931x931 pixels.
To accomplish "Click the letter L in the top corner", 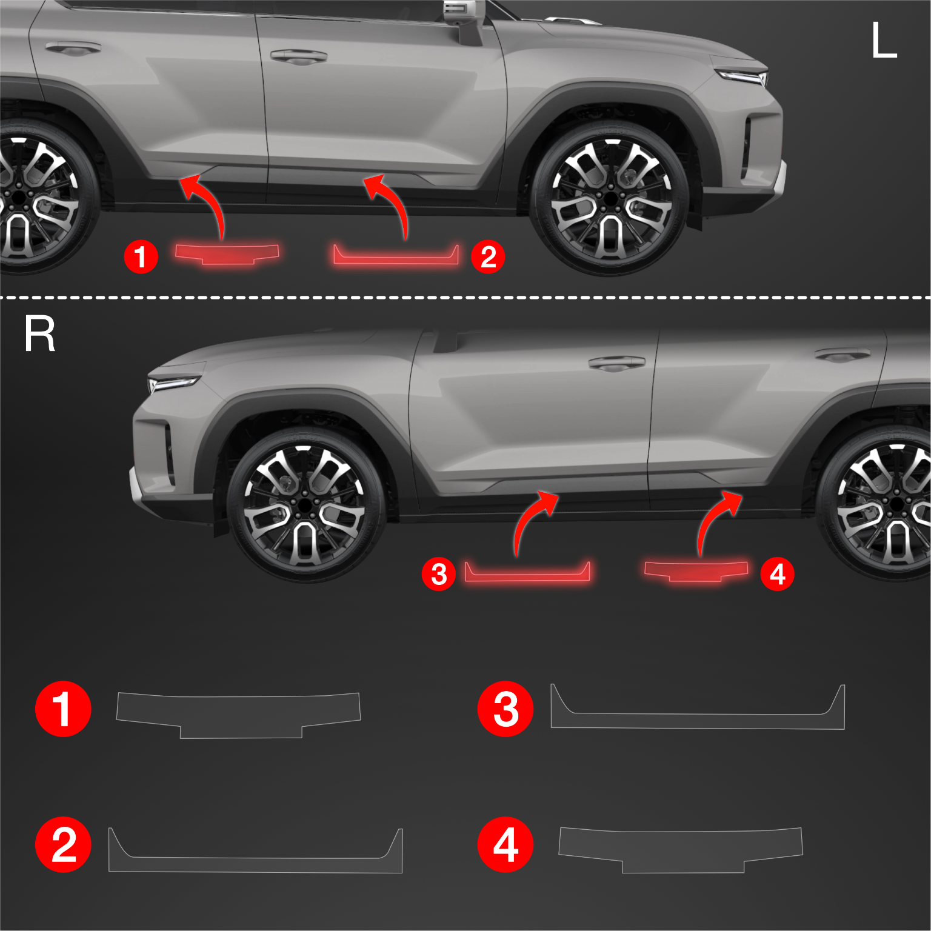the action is click(884, 40).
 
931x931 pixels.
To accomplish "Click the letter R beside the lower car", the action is click(39, 333).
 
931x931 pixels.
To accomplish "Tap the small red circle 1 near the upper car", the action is click(141, 256).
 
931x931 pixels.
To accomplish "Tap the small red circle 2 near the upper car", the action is click(488, 256).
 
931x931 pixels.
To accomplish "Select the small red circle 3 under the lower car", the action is click(439, 574).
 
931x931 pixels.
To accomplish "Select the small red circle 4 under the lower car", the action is click(778, 574).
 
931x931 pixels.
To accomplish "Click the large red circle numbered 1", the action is click(63, 709).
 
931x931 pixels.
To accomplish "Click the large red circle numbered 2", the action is click(63, 844).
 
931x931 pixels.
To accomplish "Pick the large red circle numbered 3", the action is click(506, 709).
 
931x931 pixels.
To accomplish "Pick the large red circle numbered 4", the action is click(506, 844).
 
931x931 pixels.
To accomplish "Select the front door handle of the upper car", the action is click(298, 57).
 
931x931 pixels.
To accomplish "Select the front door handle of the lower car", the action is click(617, 363).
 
